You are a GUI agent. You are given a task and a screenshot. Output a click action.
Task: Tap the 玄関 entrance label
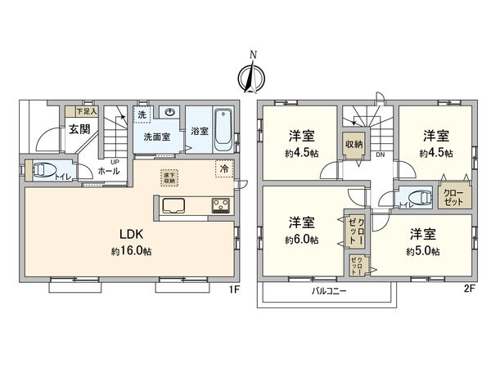79,129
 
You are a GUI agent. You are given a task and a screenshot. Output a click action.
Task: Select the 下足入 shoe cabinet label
86,110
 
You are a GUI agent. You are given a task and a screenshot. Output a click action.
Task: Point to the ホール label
107,172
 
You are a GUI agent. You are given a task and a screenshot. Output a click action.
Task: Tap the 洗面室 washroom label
156,137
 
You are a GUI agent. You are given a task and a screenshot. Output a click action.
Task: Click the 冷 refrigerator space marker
223,168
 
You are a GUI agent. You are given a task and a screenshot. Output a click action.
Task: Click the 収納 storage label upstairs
353,144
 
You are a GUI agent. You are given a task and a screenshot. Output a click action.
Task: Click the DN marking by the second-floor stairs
380,155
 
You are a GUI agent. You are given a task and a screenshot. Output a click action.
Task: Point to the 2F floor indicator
467,289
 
